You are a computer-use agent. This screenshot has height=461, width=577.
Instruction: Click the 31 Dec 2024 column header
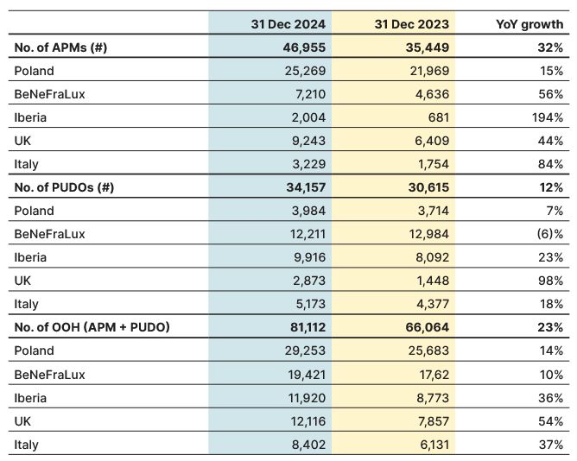pos(288,24)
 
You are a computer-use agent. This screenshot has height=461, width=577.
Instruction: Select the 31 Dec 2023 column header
pos(412,24)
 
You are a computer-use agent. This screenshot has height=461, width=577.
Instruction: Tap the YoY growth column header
pos(529,24)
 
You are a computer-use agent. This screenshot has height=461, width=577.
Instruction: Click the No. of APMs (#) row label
pos(60,47)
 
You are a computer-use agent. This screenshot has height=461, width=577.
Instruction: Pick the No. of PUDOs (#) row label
pos(64,187)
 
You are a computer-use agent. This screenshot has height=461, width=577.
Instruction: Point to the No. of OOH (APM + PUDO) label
pos(92,327)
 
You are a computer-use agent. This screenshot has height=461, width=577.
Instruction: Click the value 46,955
pos(304,47)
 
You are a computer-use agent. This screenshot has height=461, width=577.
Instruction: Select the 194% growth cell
pos(548,117)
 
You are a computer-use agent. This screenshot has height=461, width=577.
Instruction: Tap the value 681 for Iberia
pos(439,117)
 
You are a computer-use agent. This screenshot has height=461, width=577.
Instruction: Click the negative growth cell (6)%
pos(550,234)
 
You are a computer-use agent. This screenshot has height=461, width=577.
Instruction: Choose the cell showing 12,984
pos(429,234)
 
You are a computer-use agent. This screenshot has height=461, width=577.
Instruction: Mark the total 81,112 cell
pos(308,327)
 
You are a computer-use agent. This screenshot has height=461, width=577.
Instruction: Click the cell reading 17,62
pos(434,375)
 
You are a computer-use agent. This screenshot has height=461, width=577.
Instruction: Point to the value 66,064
pos(428,327)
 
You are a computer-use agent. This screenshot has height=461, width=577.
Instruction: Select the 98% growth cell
pos(551,281)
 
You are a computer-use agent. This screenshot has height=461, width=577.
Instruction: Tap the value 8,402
pos(308,445)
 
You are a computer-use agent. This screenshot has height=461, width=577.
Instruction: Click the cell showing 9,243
pos(308,141)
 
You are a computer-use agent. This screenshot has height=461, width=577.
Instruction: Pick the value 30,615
pos(428,187)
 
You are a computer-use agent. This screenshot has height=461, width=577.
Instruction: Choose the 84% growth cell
pos(551,164)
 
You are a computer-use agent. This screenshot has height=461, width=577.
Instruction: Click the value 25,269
pos(305,71)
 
